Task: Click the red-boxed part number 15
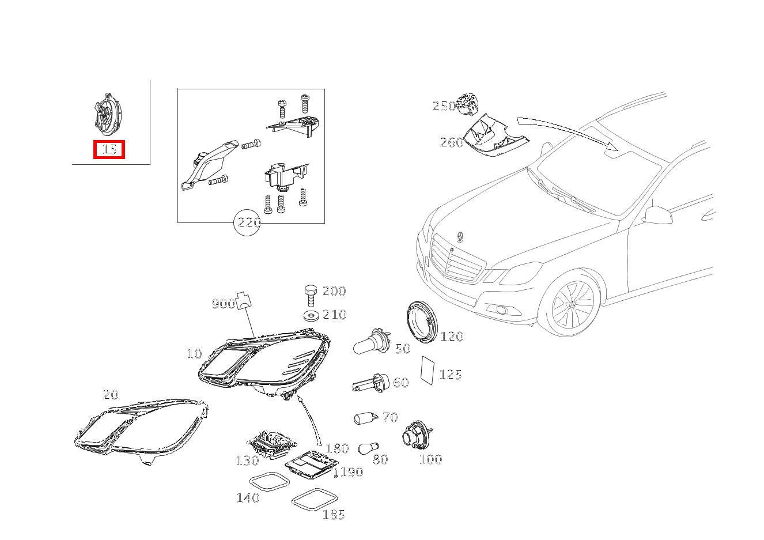[x=109, y=149]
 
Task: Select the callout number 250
[x=444, y=106]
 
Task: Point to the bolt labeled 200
[x=311, y=295]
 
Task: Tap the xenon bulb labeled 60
[x=370, y=383]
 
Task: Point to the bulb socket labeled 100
[x=417, y=435]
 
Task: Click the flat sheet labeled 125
[x=428, y=371]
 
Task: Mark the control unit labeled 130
[x=272, y=443]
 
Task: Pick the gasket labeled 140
[x=270, y=482]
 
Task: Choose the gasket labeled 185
[x=315, y=500]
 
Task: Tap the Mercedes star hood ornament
[x=460, y=237]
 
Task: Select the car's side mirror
[x=656, y=215]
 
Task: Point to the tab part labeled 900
[x=243, y=301]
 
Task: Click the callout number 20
[x=111, y=395]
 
